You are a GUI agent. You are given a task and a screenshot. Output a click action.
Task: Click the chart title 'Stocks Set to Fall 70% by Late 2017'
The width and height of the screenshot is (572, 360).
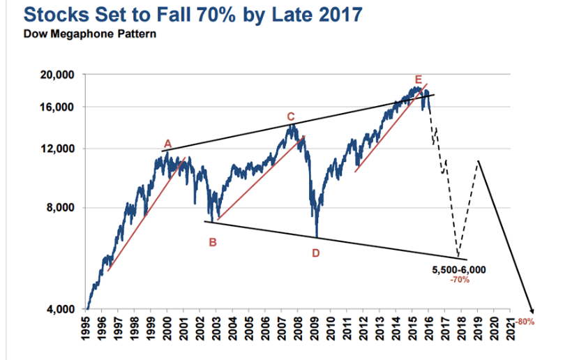click(183, 14)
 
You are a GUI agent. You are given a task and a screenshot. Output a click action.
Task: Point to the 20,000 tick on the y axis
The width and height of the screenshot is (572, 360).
click(59, 75)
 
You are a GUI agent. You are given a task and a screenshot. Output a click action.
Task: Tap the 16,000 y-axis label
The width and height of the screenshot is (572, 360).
click(59, 107)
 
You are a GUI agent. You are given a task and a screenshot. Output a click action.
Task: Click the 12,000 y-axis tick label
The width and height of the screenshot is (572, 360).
click(59, 149)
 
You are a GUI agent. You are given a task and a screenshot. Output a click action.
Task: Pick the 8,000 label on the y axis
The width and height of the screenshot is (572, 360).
click(63, 208)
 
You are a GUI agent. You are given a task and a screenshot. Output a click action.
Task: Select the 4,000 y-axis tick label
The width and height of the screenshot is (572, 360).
click(63, 309)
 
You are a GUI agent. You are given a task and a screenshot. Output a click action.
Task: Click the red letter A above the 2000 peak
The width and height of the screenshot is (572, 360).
click(167, 144)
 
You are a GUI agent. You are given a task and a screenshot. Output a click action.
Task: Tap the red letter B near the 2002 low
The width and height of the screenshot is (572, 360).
click(213, 243)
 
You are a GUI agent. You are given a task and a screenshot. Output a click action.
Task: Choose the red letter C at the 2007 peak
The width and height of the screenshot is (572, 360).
click(291, 116)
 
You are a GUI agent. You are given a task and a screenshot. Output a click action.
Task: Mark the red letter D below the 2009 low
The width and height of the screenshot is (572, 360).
click(315, 253)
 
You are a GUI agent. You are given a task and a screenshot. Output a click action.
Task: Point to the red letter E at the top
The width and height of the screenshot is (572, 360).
click(418, 79)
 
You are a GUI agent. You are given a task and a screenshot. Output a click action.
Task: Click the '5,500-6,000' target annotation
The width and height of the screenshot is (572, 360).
click(459, 269)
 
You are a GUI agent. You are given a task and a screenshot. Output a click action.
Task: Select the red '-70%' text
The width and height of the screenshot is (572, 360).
click(460, 279)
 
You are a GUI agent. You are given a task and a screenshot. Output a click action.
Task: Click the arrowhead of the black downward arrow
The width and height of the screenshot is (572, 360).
click(532, 311)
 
